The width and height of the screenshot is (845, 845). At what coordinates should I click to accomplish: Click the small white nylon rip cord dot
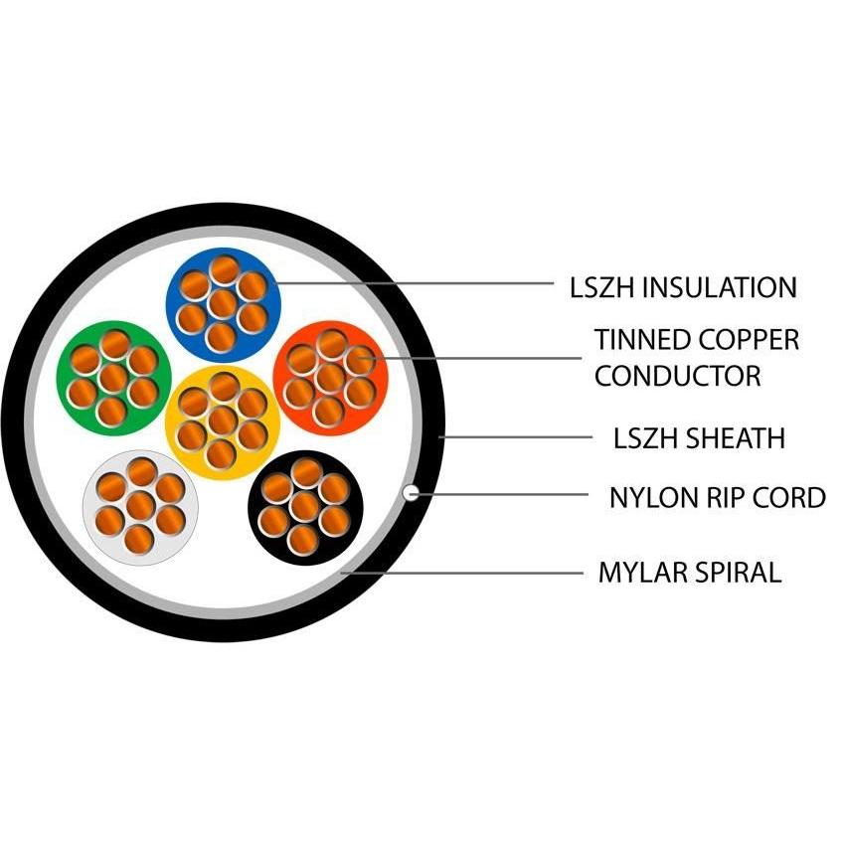coord(410,492)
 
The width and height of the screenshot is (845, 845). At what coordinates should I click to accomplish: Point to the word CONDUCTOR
coord(678,377)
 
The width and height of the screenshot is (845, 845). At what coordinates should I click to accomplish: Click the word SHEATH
coord(741,437)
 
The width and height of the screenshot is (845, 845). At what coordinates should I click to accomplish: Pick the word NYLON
coord(651,497)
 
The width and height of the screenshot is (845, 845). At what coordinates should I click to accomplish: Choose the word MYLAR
coord(643,573)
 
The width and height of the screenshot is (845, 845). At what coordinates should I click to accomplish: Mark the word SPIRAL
coord(739,573)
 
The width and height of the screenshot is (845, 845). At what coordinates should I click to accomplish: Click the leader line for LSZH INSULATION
coord(418,284)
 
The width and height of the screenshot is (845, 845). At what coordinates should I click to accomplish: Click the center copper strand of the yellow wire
coord(223,422)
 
